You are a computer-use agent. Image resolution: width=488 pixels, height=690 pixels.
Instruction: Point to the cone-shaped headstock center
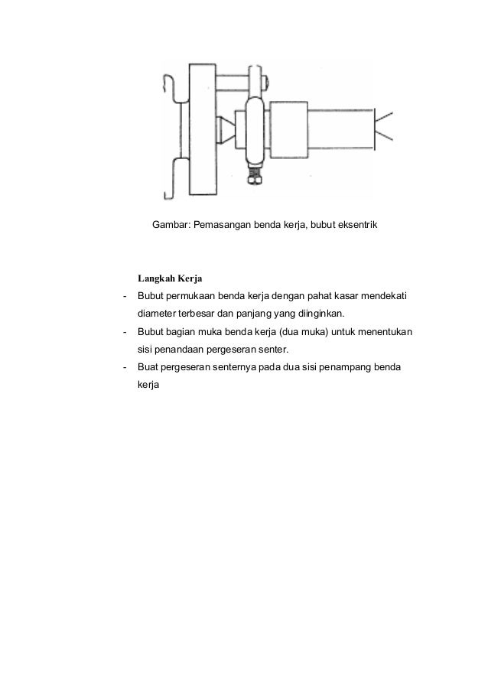point(226,129)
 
